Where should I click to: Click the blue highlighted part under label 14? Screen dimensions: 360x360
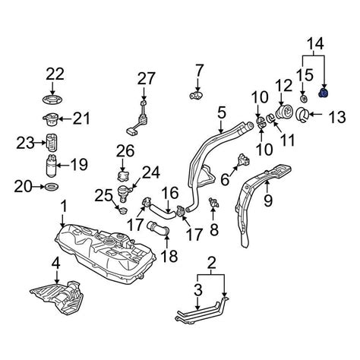coord(324,93)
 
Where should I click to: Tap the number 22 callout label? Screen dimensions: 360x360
coord(55,74)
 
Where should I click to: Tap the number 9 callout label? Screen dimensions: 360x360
coord(267,201)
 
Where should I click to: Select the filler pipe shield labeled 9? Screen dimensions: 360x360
coord(254,205)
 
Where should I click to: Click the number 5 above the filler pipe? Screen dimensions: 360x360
coord(221,114)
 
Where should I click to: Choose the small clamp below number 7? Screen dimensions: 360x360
coord(197,95)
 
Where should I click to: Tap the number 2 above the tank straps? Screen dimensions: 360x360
coord(210,264)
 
